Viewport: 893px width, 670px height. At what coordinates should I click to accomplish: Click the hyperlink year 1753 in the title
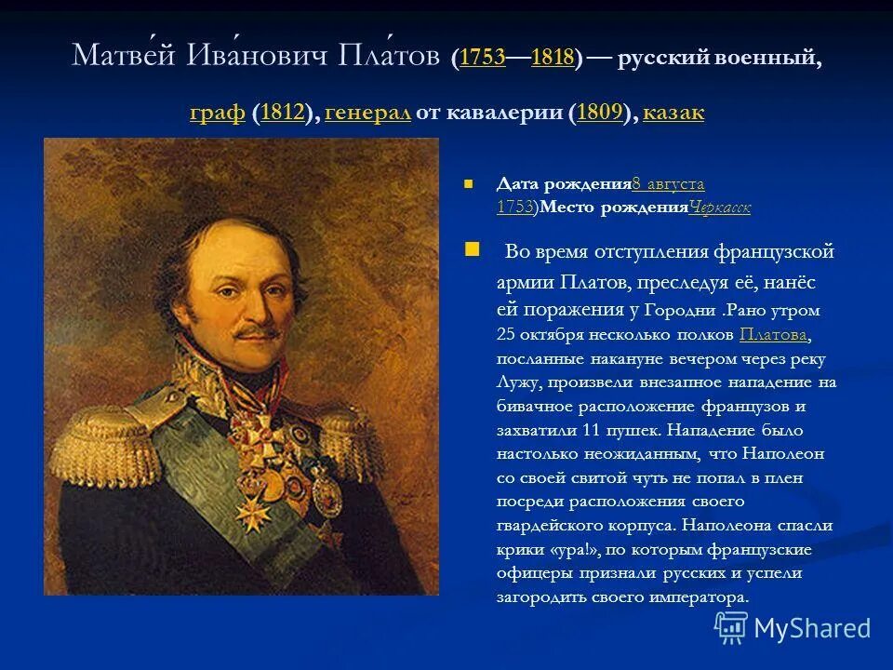(x=482, y=58)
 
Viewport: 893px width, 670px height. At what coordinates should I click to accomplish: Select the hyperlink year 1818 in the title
(x=553, y=58)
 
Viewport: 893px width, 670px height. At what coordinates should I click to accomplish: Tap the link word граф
(x=217, y=114)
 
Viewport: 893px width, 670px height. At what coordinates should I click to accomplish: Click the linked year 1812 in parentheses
(x=284, y=114)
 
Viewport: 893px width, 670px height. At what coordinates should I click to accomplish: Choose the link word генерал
(x=368, y=114)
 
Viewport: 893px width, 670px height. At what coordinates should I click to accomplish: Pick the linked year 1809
(x=599, y=114)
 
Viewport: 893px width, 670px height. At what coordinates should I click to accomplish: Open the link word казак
(x=673, y=114)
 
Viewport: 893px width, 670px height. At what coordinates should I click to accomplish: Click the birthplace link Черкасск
(x=720, y=208)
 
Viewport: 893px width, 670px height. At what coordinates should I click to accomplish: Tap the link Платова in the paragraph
(x=774, y=335)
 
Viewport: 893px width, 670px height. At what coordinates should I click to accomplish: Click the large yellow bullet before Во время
(x=472, y=249)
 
